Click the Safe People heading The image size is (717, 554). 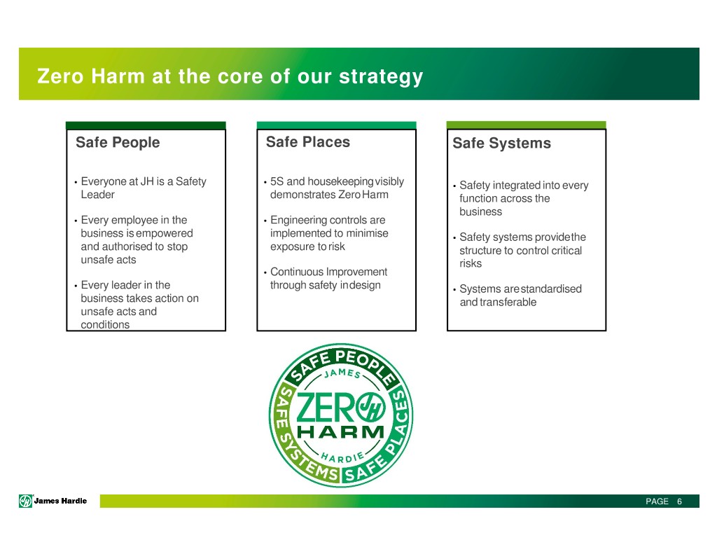(118, 142)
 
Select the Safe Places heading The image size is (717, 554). (308, 141)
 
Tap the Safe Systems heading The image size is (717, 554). (501, 143)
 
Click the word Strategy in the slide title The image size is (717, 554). (381, 77)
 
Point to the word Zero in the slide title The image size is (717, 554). (60, 76)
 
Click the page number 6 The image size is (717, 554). (679, 501)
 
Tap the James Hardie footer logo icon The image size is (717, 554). (26, 501)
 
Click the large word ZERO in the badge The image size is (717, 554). (325, 408)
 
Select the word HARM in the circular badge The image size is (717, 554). (341, 432)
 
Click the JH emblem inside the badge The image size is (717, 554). (370, 407)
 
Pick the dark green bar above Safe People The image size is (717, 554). (146, 125)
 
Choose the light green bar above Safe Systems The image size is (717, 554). (527, 125)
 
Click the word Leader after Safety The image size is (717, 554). (97, 195)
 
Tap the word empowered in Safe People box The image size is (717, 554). (165, 233)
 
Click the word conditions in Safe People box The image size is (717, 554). (105, 324)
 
